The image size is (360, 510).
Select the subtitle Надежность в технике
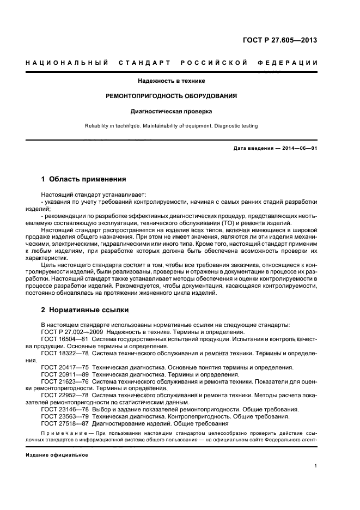(x=179, y=81)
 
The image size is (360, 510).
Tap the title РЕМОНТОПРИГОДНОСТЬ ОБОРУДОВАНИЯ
(x=179, y=96)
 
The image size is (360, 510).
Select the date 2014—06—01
(x=297, y=148)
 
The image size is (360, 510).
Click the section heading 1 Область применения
(x=84, y=179)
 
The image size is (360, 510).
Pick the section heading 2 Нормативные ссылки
(x=85, y=310)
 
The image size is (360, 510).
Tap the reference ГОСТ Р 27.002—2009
(x=72, y=332)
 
